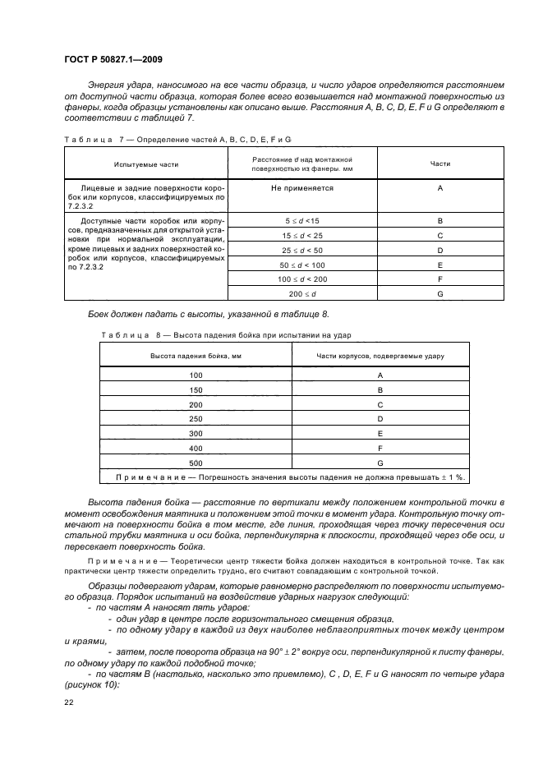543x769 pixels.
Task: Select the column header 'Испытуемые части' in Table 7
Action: (x=145, y=164)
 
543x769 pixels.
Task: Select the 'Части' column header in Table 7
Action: (x=440, y=164)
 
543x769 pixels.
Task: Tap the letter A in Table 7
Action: (x=440, y=188)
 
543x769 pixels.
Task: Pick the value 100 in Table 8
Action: (x=196, y=375)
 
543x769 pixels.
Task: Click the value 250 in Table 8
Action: (x=196, y=419)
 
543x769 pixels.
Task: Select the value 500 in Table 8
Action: (x=196, y=463)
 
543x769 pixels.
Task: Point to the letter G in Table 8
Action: (x=380, y=463)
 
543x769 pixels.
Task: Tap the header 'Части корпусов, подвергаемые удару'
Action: (x=380, y=355)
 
